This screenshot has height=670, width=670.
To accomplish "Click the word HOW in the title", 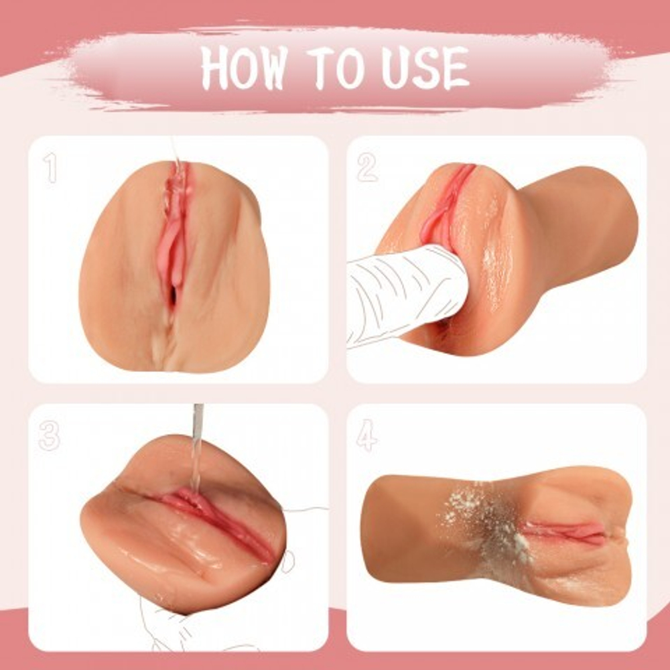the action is [x=244, y=68].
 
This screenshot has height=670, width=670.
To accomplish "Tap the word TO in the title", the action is [x=338, y=68].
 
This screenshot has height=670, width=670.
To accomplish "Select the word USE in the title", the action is [x=425, y=68].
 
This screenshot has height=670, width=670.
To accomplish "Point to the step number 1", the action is [x=50, y=168].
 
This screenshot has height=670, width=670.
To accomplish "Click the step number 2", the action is [x=367, y=168].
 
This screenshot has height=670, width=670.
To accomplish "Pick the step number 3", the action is [x=49, y=436].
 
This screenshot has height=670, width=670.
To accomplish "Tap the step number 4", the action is [x=367, y=436].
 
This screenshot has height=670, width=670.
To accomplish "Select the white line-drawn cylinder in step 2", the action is [x=406, y=295].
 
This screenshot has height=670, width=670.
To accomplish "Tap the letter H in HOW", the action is [x=216, y=68].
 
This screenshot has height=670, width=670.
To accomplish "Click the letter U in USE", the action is [x=396, y=68].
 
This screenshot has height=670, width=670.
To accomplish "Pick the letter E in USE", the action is [x=456, y=68].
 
